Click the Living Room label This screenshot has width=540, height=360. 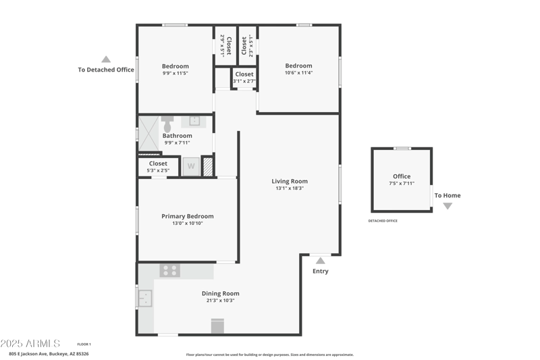290,181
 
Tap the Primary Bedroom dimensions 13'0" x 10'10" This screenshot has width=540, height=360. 187,223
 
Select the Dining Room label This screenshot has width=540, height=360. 220,293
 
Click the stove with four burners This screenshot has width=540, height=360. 169,270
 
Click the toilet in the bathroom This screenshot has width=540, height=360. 167,124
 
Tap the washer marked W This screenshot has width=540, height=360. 190,166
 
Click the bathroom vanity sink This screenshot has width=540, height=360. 194,121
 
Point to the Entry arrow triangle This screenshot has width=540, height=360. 320,260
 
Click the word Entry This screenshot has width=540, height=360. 320,272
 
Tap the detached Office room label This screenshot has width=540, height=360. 402,176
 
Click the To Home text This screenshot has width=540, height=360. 447,196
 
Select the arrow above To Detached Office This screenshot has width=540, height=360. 106,59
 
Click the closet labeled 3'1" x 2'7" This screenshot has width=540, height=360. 244,77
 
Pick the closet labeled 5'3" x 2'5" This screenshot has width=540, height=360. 158,167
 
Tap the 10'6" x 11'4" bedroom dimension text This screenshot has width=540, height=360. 298,73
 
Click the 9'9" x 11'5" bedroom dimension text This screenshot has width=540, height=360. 175,73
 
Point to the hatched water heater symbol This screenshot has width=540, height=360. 208,166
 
